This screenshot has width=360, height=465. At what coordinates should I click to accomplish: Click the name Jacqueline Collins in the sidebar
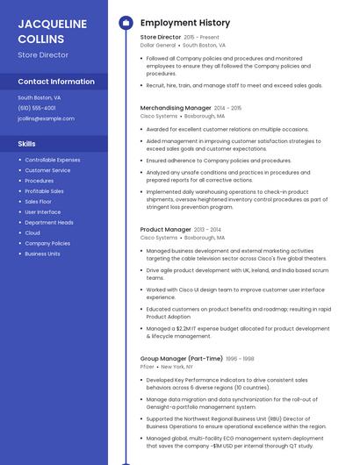pyautogui.click(x=52, y=31)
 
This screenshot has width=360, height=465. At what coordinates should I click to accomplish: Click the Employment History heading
pyautogui.click(x=185, y=23)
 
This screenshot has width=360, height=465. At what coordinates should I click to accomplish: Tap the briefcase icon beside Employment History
pyautogui.click(x=126, y=23)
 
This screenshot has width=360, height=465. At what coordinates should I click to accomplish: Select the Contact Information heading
pyautogui.click(x=56, y=82)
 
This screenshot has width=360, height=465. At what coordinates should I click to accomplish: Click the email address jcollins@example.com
pyautogui.click(x=46, y=118)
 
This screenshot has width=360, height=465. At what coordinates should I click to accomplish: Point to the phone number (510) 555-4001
pyautogui.click(x=37, y=108)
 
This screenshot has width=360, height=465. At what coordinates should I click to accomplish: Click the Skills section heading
pyautogui.click(x=27, y=143)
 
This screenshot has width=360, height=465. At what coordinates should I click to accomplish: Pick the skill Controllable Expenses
pyautogui.click(x=52, y=160)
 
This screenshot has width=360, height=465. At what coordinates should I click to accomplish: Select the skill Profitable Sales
pyautogui.click(x=44, y=191)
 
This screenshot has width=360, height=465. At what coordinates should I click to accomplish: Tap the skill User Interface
pyautogui.click(x=43, y=212)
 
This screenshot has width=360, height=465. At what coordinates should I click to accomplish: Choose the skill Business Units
pyautogui.click(x=42, y=254)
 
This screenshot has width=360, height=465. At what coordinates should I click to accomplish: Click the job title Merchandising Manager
pyautogui.click(x=176, y=108)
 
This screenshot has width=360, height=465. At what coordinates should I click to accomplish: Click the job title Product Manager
pyautogui.click(x=165, y=230)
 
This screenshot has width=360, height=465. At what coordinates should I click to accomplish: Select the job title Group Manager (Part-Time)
pyautogui.click(x=180, y=359)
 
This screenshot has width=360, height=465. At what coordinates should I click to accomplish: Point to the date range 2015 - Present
pyautogui.click(x=202, y=38)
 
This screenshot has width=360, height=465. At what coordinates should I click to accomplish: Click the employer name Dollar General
pyautogui.click(x=158, y=45)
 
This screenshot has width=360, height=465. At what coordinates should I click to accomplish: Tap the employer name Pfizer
pyautogui.click(x=148, y=367)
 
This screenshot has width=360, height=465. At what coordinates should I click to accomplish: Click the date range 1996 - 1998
pyautogui.click(x=240, y=359)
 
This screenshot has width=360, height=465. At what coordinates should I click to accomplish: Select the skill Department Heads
pyautogui.click(x=49, y=223)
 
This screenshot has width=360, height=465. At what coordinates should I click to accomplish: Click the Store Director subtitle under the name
pyautogui.click(x=43, y=55)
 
